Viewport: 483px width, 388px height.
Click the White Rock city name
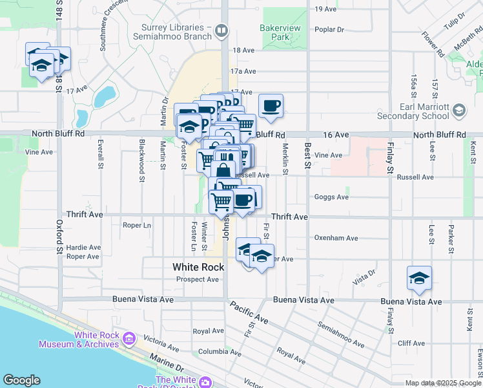[198, 267]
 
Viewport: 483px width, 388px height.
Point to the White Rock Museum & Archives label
[79, 339]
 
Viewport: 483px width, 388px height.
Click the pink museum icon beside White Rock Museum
[128, 336]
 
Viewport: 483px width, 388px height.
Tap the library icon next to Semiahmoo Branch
[221, 30]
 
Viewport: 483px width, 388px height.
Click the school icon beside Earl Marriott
[458, 111]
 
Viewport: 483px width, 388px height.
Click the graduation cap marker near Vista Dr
[419, 278]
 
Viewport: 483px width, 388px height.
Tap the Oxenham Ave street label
[336, 238]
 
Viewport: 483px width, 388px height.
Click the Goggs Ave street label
[331, 197]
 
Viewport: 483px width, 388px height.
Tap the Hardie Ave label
[83, 247]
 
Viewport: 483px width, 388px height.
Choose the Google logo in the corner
[21, 380]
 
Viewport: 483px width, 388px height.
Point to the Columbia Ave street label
[215, 352]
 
